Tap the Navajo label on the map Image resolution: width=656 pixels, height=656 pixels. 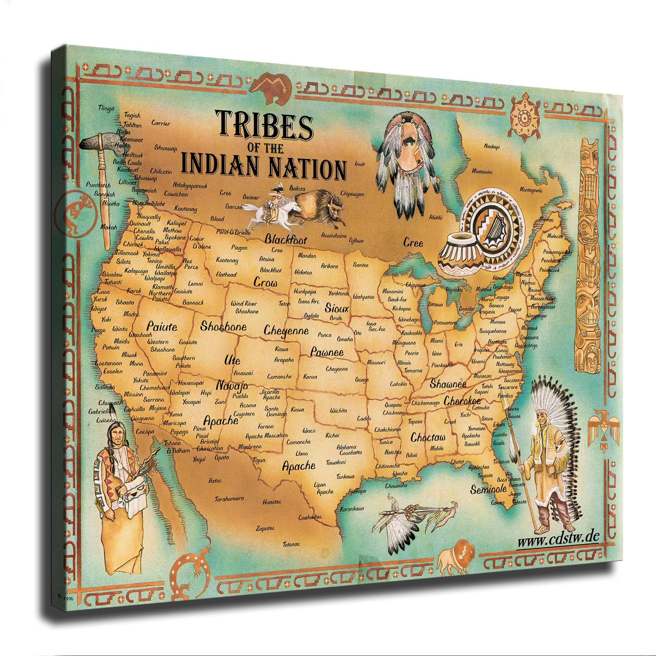pos(232,386)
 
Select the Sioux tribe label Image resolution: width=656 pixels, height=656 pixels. pos(337,307)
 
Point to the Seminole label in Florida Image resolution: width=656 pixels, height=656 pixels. pos(489,489)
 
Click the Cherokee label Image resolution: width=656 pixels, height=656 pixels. pos(462,401)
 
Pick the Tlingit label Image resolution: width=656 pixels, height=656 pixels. pos(106,108)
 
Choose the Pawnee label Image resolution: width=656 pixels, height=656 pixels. pos(326,352)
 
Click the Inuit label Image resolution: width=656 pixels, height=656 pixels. pos(360,164)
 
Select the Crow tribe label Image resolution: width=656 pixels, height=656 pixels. pos(265,282)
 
